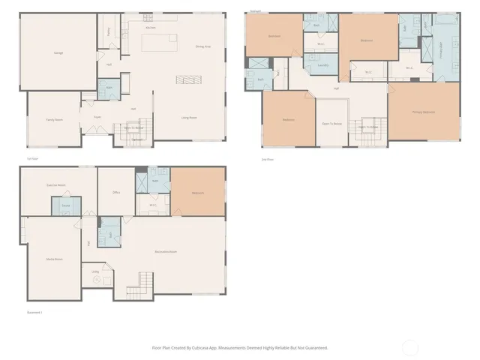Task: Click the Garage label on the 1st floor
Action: coord(58,53)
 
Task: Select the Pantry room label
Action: coord(109,32)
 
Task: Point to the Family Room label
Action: coord(53,119)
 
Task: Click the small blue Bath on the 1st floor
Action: coord(109,88)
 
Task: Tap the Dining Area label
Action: coord(202,46)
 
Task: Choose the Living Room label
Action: coord(189,118)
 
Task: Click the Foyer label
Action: coord(97,117)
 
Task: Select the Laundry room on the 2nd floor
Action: coord(323,66)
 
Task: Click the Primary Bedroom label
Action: coord(424,112)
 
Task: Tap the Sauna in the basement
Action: coord(66,205)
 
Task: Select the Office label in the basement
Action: coord(117,193)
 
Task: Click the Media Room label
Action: coord(54,259)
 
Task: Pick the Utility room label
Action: coord(95,271)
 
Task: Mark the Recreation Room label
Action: coord(166,251)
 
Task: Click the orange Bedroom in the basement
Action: coord(199,193)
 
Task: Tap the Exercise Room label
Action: coord(53,184)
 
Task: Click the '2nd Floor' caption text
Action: coord(267,159)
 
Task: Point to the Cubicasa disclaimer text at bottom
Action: coord(240,347)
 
